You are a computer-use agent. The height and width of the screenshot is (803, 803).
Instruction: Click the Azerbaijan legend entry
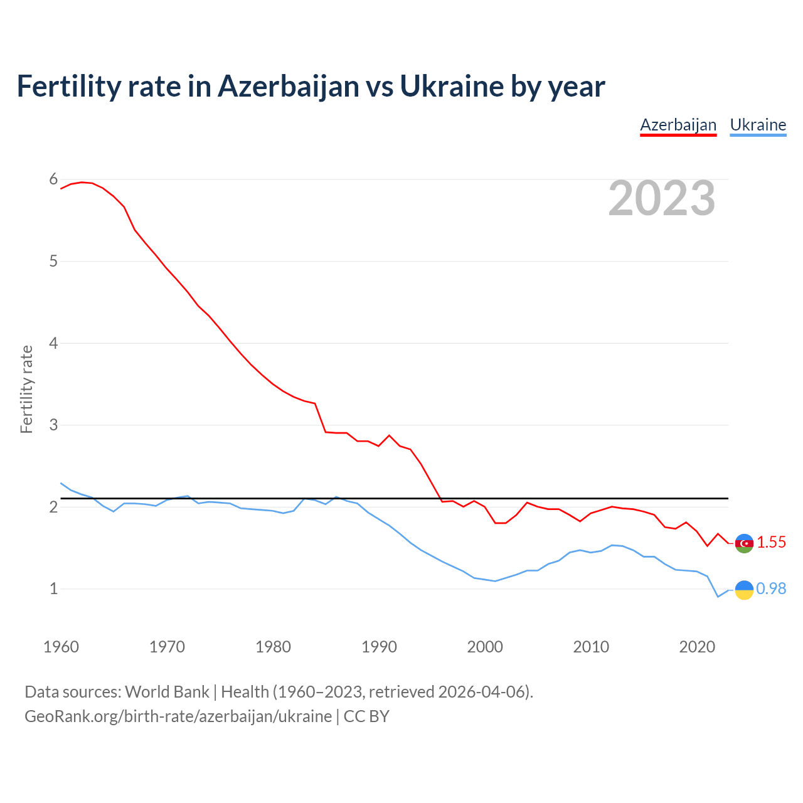[678, 125]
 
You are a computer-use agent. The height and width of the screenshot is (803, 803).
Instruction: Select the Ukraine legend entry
[758, 125]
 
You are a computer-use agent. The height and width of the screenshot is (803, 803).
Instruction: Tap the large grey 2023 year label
[662, 198]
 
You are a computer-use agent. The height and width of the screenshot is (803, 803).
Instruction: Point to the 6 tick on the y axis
[53, 179]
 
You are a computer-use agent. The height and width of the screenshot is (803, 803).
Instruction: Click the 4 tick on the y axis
[53, 343]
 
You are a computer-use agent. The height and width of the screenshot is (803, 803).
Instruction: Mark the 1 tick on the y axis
[53, 588]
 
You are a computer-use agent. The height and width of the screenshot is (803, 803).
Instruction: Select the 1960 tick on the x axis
[61, 647]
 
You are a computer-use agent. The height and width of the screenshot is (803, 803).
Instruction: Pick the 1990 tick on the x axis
[379, 647]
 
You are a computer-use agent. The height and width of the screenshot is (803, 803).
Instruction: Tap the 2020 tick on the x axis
[697, 647]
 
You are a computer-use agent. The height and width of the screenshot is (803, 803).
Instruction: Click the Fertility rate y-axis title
[26, 389]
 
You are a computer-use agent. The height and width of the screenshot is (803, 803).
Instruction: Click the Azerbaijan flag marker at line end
[744, 543]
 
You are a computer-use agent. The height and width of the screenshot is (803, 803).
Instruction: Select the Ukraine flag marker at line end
[744, 590]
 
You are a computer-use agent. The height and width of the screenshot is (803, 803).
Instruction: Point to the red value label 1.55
[771, 543]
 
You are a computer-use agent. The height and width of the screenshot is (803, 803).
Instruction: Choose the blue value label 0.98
[771, 589]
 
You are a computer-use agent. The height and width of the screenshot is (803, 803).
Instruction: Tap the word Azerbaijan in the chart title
[289, 87]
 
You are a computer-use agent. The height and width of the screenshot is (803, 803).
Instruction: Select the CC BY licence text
[366, 716]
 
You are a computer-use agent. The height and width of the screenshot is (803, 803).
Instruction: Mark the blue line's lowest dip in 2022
[718, 597]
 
